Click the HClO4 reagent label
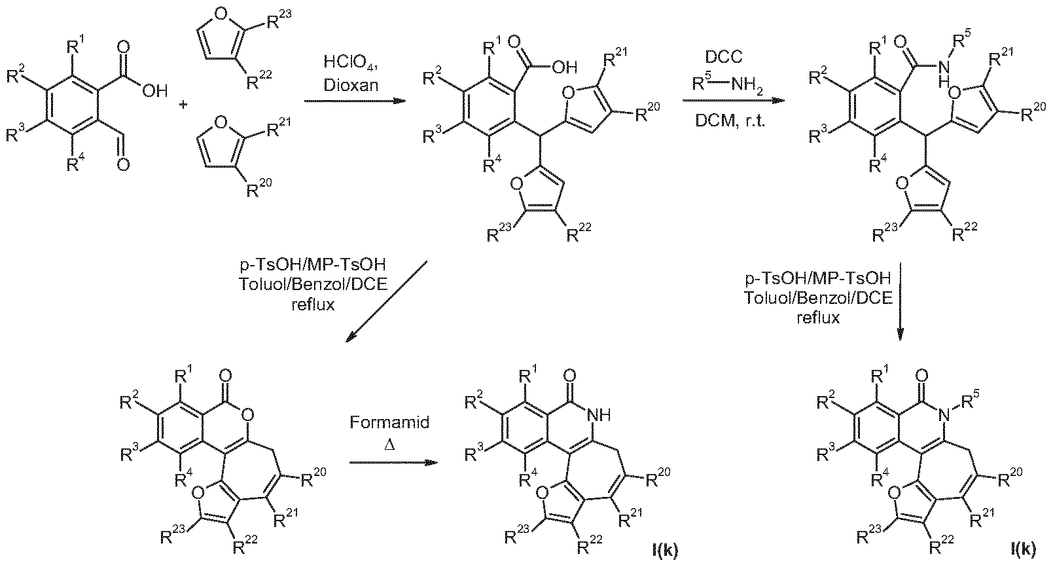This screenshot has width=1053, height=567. tap(351, 64)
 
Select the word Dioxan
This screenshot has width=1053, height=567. tap(351, 86)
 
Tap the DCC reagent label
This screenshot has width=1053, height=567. tap(724, 57)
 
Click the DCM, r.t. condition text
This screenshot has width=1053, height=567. tap(730, 121)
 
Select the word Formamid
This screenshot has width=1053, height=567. tap(389, 422)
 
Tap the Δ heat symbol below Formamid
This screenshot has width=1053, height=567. tap(389, 444)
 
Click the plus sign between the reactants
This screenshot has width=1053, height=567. tap(183, 104)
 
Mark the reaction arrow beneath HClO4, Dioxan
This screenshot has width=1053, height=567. tap(355, 101)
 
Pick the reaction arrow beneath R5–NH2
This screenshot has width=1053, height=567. tap(734, 100)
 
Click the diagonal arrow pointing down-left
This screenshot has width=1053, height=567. tap(387, 301)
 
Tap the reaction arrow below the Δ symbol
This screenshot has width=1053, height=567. tap(393, 463)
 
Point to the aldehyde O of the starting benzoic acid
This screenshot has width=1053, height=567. tap(123, 164)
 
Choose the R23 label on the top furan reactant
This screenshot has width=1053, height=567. tap(279, 19)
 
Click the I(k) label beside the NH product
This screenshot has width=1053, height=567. tap(666, 550)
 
